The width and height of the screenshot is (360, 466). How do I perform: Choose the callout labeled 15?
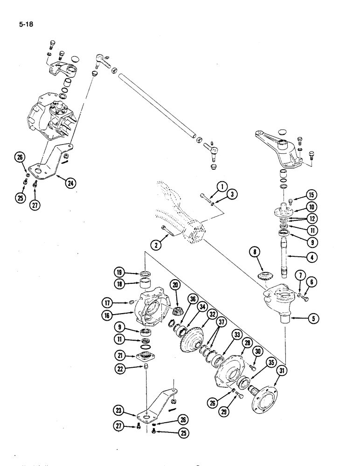[311, 195]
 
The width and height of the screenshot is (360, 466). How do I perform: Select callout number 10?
[311, 207]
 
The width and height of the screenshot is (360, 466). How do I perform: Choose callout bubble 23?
[121, 410]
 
